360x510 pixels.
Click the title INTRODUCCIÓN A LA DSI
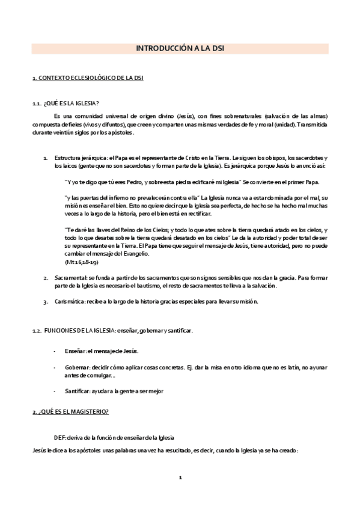[180, 49]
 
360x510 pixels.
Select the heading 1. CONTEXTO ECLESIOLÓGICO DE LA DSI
[87, 79]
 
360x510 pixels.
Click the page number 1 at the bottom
[180, 478]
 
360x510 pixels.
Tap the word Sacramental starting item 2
[68, 278]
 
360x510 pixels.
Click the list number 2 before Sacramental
[46, 278]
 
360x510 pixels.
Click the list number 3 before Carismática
[46, 301]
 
